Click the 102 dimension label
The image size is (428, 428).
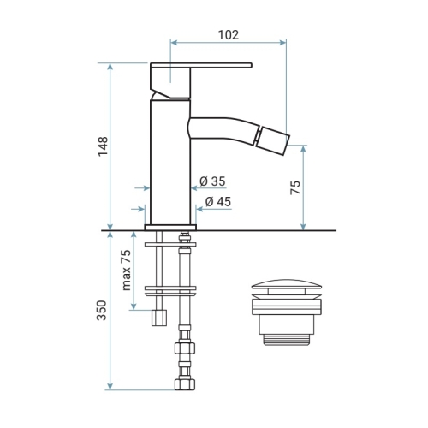229,35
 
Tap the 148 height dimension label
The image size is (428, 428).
103,146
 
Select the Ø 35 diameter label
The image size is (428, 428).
212,181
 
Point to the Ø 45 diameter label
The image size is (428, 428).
218,202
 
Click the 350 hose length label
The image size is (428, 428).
101,310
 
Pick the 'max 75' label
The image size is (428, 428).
126,270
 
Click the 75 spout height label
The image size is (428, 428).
295,187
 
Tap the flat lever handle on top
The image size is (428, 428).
201,65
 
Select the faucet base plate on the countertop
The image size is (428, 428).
170,228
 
